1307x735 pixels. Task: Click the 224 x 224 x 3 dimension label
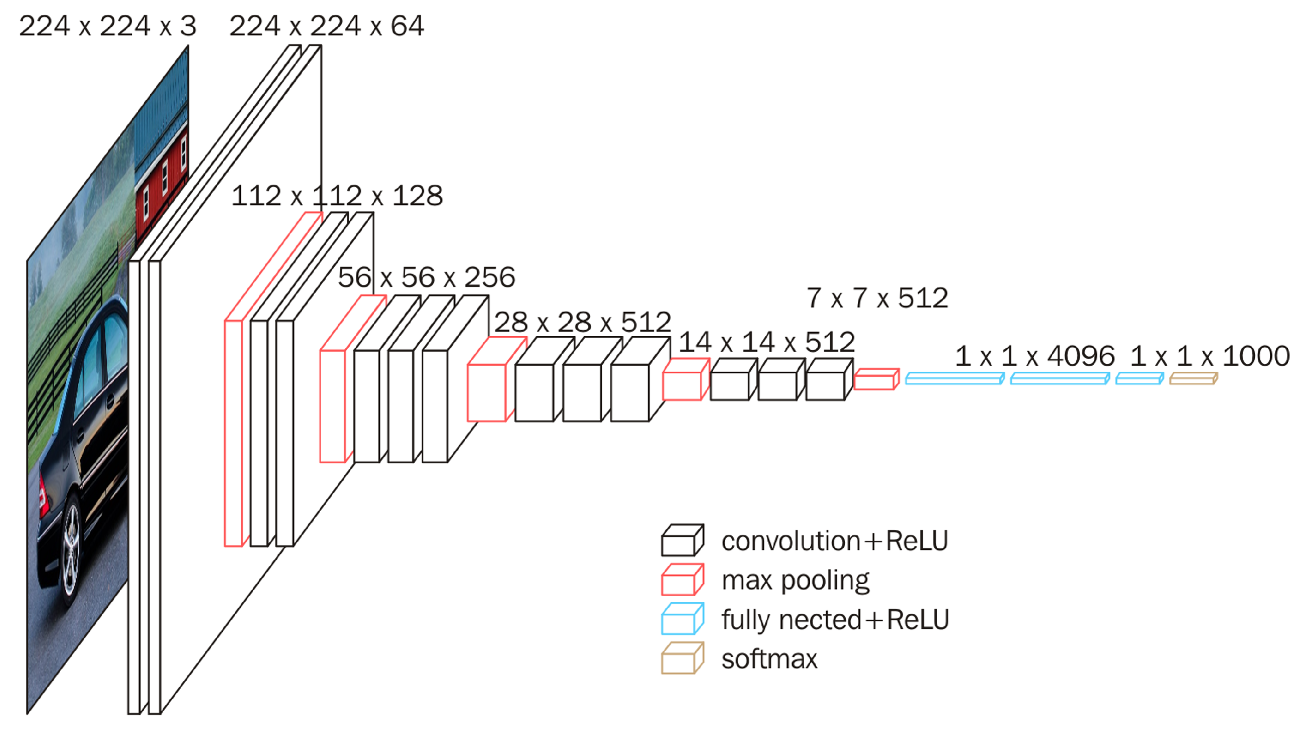(x=107, y=27)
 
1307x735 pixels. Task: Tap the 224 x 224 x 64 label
(x=326, y=27)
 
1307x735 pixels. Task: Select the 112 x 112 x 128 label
(x=337, y=196)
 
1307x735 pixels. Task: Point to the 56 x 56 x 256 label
(x=426, y=277)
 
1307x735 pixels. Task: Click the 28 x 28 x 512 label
(x=582, y=322)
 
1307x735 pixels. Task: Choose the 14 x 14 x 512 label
(x=766, y=342)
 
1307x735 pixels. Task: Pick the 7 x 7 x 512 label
(x=877, y=298)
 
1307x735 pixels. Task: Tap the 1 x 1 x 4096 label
(x=1034, y=357)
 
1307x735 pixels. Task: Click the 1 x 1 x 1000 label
(x=1210, y=357)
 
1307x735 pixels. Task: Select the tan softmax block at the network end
(x=1193, y=379)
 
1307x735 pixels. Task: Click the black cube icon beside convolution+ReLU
(x=682, y=541)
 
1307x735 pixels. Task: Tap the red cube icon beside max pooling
(x=682, y=580)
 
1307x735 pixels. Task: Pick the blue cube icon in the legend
(x=682, y=619)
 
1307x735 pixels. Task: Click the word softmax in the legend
(x=769, y=659)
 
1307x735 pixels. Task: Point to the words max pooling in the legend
(x=795, y=580)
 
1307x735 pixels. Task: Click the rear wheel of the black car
(x=71, y=550)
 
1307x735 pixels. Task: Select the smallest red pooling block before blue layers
(x=876, y=379)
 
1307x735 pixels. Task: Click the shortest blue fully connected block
(x=1139, y=379)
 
